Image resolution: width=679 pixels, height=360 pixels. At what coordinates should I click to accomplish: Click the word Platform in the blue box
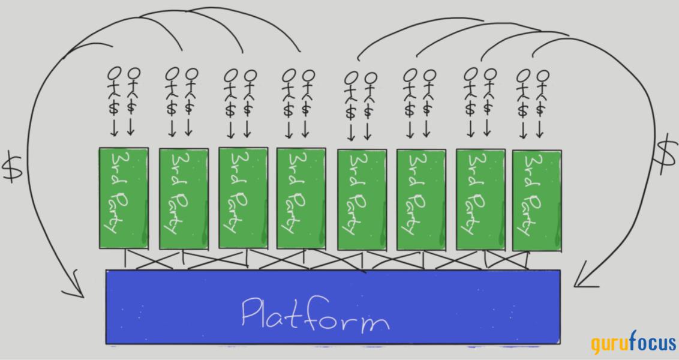coord(314,313)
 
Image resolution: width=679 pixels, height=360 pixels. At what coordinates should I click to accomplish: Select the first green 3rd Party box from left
coord(122,197)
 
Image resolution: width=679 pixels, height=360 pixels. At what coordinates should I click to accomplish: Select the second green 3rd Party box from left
coord(184,198)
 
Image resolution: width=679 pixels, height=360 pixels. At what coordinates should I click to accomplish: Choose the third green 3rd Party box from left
coord(242,197)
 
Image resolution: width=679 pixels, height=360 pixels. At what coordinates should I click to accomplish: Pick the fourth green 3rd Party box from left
coord(301,197)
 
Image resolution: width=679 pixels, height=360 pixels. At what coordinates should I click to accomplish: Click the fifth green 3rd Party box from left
coord(361,199)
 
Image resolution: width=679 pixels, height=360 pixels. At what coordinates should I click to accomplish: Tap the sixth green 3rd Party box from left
coord(420,199)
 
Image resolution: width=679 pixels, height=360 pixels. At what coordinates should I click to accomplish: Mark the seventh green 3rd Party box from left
coord(480,199)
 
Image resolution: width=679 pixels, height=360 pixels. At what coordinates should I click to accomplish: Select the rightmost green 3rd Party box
coord(537,200)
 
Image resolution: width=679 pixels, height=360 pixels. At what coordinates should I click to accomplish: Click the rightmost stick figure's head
coord(543,76)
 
